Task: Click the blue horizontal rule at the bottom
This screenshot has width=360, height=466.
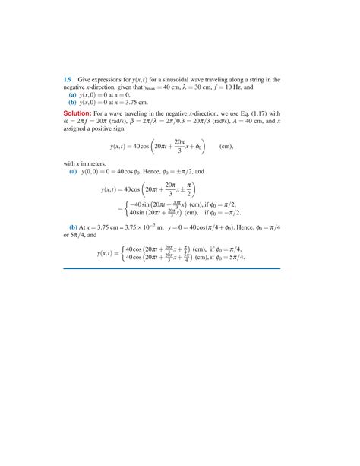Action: tap(179, 289)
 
